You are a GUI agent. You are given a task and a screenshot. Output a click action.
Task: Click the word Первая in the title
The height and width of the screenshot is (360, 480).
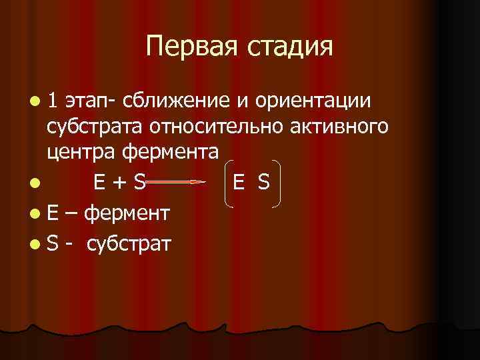[x=187, y=47]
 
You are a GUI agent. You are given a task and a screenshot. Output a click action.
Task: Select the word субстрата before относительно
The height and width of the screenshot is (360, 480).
[x=95, y=127]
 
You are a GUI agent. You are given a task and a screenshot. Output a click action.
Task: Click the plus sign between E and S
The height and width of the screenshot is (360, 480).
[x=119, y=181]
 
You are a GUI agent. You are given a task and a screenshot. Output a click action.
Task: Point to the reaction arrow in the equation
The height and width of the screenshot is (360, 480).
[x=173, y=181]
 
